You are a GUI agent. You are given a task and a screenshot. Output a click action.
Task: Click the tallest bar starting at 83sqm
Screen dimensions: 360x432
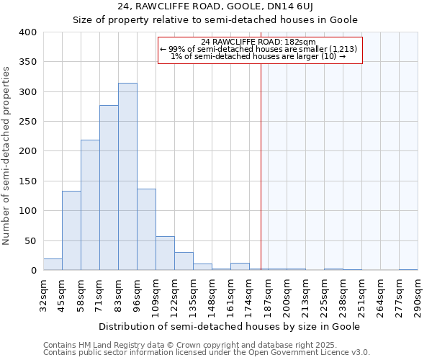coord(127,176)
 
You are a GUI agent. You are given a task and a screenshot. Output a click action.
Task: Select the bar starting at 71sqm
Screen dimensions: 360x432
coord(109,188)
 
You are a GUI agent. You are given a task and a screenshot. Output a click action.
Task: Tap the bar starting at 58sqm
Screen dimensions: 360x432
coord(90,205)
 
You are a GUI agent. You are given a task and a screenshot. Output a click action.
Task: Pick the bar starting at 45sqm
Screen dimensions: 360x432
coord(71,230)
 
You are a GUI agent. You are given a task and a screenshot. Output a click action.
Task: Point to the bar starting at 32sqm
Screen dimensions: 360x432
coord(53,264)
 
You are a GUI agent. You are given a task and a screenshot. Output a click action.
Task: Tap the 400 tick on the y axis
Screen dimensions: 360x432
coord(28,32)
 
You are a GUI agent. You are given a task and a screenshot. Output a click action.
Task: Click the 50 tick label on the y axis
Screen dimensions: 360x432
coord(31,240)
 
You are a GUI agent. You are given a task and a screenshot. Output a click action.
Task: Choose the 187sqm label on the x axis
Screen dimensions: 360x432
coord(268,295)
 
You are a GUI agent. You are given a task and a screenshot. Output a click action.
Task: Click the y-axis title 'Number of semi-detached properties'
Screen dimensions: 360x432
coord(7,155)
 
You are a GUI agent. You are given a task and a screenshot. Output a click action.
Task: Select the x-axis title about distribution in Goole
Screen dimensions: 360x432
coord(229,326)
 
